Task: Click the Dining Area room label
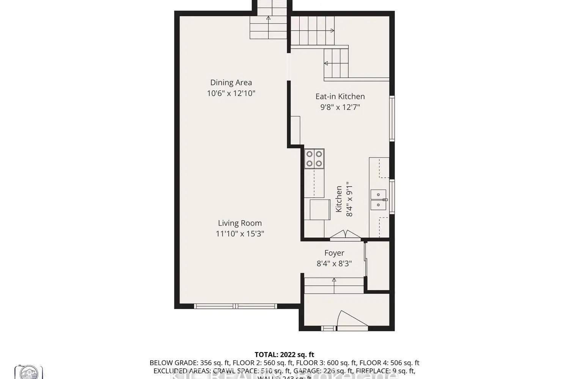coord(231,83)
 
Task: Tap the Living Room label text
coord(240,223)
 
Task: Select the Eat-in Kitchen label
coord(340,97)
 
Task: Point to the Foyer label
coord(334,253)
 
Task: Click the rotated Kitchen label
coord(339,199)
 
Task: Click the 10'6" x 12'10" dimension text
coord(231,93)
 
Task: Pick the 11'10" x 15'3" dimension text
coord(240,234)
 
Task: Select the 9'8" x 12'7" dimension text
coord(340,107)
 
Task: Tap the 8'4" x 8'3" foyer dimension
coord(334,263)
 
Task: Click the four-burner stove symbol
coord(314,159)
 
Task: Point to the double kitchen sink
coord(378,200)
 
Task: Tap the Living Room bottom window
coord(236,306)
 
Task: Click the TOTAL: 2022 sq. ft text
coord(284,355)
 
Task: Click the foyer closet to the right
coord(378,265)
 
